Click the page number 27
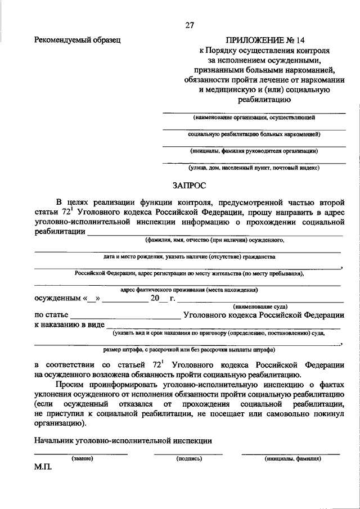click(189, 25)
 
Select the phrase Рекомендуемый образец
click(77, 40)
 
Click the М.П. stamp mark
click(42, 467)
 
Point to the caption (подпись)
click(188, 458)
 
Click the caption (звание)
click(82, 458)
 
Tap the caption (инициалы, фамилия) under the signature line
click(292, 458)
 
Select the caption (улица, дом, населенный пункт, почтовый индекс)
click(254, 168)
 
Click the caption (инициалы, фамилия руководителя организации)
click(254, 151)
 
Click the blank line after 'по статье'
click(125, 318)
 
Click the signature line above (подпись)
click(188, 453)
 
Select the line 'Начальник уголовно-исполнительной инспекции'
click(123, 441)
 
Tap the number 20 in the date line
click(155, 299)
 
